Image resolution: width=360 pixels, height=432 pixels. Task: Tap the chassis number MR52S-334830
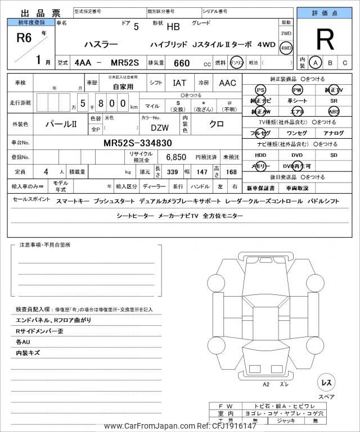tap(138, 143)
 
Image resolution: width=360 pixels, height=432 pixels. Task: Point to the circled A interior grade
tap(316, 63)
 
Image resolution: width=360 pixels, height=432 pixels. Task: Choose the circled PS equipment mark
tap(260, 90)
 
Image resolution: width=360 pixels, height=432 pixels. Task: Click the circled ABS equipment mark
tap(334, 111)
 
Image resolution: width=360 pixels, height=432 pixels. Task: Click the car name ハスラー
tap(101, 43)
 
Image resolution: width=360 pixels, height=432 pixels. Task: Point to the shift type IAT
tap(179, 83)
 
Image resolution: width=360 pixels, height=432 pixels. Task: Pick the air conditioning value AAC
tap(227, 83)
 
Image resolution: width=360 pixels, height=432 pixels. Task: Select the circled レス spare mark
tap(326, 383)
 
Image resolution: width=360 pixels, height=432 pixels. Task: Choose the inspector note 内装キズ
tap(28, 353)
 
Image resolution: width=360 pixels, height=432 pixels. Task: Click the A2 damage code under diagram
tap(266, 384)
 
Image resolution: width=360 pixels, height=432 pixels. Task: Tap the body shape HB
tap(173, 26)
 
